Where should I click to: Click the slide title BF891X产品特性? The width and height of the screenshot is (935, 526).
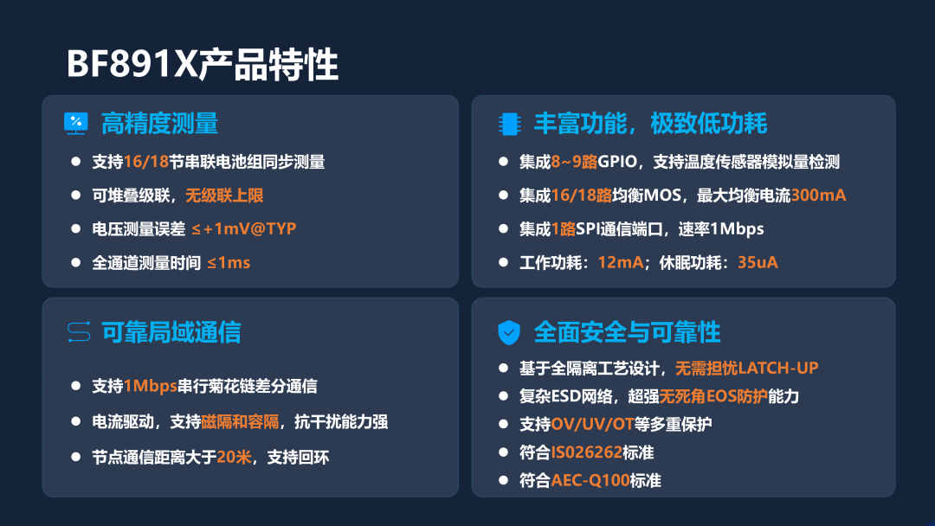(x=202, y=64)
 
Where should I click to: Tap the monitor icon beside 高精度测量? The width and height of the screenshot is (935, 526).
(x=75, y=124)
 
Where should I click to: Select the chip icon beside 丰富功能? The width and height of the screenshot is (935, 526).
(x=509, y=124)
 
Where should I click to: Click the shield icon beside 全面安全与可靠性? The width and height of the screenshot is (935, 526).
(x=509, y=332)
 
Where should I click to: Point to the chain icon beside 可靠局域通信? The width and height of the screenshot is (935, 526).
(x=79, y=332)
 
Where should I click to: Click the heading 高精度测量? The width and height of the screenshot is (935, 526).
(x=159, y=124)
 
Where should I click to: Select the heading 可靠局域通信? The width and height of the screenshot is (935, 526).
(x=171, y=332)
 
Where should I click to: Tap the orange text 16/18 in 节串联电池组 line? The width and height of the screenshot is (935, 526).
(x=146, y=162)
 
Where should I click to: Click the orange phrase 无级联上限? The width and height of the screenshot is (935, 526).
(x=224, y=196)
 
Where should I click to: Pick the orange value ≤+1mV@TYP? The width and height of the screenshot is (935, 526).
(x=244, y=228)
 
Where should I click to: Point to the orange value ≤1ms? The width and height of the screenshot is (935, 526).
(x=229, y=263)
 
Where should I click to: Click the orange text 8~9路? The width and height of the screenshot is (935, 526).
(x=574, y=162)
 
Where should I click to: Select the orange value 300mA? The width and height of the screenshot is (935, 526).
(x=818, y=196)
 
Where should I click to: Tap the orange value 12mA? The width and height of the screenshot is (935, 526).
(x=620, y=263)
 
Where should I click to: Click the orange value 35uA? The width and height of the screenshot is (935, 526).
(x=758, y=263)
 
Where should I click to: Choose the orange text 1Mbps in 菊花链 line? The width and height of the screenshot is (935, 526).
(x=151, y=386)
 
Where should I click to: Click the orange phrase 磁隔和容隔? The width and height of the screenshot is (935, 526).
(x=240, y=422)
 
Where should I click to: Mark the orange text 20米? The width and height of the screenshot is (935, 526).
(x=234, y=457)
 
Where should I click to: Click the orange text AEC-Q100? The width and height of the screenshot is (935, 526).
(x=590, y=480)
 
